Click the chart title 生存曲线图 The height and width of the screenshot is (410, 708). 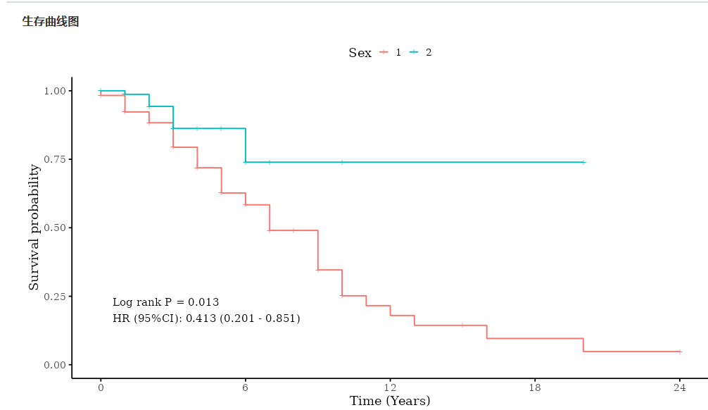[51, 22]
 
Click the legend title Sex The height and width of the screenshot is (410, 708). [360, 53]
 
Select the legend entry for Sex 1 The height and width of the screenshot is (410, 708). [391, 53]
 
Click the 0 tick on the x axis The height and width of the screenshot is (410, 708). [101, 388]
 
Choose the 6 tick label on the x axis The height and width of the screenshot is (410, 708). [246, 388]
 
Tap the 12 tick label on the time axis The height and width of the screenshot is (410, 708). [390, 388]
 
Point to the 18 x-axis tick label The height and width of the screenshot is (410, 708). [535, 388]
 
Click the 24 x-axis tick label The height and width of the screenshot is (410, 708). [680, 388]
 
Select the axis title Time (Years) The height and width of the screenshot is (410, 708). [390, 402]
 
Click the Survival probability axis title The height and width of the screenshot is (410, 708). [34, 228]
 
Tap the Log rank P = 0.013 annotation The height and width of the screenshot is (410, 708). [165, 302]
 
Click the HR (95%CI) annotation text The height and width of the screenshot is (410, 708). [206, 319]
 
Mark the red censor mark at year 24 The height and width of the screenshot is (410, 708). [680, 352]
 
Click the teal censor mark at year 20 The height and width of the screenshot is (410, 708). [583, 162]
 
